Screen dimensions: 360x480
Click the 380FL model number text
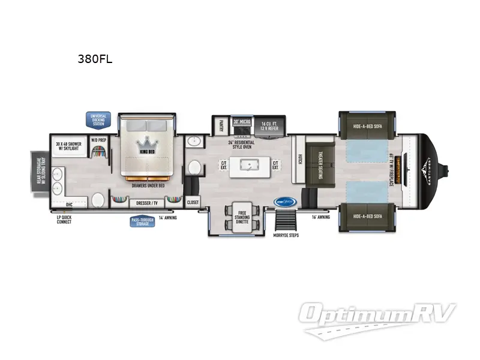pos(95,59)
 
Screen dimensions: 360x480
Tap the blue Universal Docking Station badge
pos(98,119)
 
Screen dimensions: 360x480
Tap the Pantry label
pos(220,125)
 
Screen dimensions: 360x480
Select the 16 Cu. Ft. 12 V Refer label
pos(269,127)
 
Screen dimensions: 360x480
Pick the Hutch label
pos(300,158)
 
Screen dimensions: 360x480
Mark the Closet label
pos(193,203)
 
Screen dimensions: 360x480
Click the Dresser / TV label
pos(146,203)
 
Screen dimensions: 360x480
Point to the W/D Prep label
pos(98,140)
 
